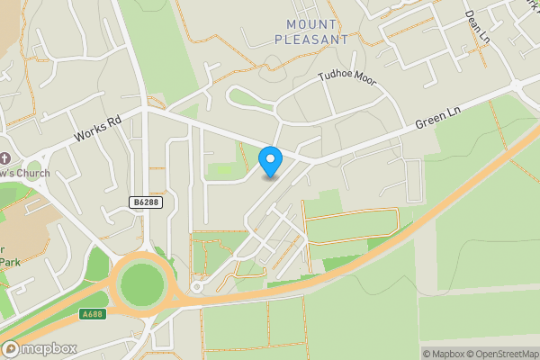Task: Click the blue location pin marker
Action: (x=270, y=160)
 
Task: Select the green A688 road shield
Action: (x=92, y=314)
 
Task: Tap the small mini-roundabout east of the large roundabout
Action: (x=196, y=288)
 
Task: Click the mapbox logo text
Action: (x=49, y=348)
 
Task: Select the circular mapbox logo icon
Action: (x=12, y=348)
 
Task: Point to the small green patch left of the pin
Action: (x=221, y=169)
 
